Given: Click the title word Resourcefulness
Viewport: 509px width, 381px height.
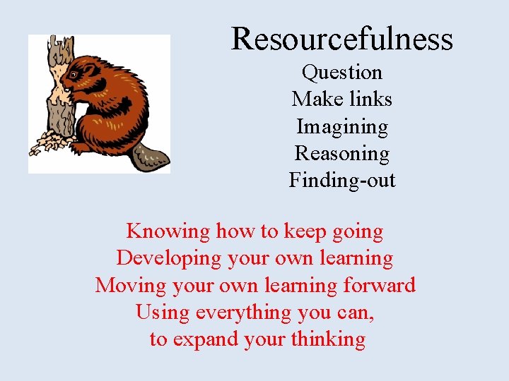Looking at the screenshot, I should click(x=341, y=38).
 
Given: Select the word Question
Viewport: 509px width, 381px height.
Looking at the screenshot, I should click(x=342, y=72).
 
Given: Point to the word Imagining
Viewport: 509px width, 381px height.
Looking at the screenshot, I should click(x=342, y=127).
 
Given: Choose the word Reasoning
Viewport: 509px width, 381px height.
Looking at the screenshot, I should click(x=342, y=153).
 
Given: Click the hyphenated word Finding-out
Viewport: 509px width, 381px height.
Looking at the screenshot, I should click(x=342, y=181).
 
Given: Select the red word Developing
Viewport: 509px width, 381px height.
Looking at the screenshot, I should click(x=169, y=258).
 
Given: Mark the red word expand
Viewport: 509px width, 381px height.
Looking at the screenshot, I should click(x=205, y=340).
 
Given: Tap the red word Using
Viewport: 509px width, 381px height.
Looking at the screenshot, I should click(x=163, y=313).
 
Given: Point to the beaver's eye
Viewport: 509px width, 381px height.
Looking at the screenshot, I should click(x=74, y=74).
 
